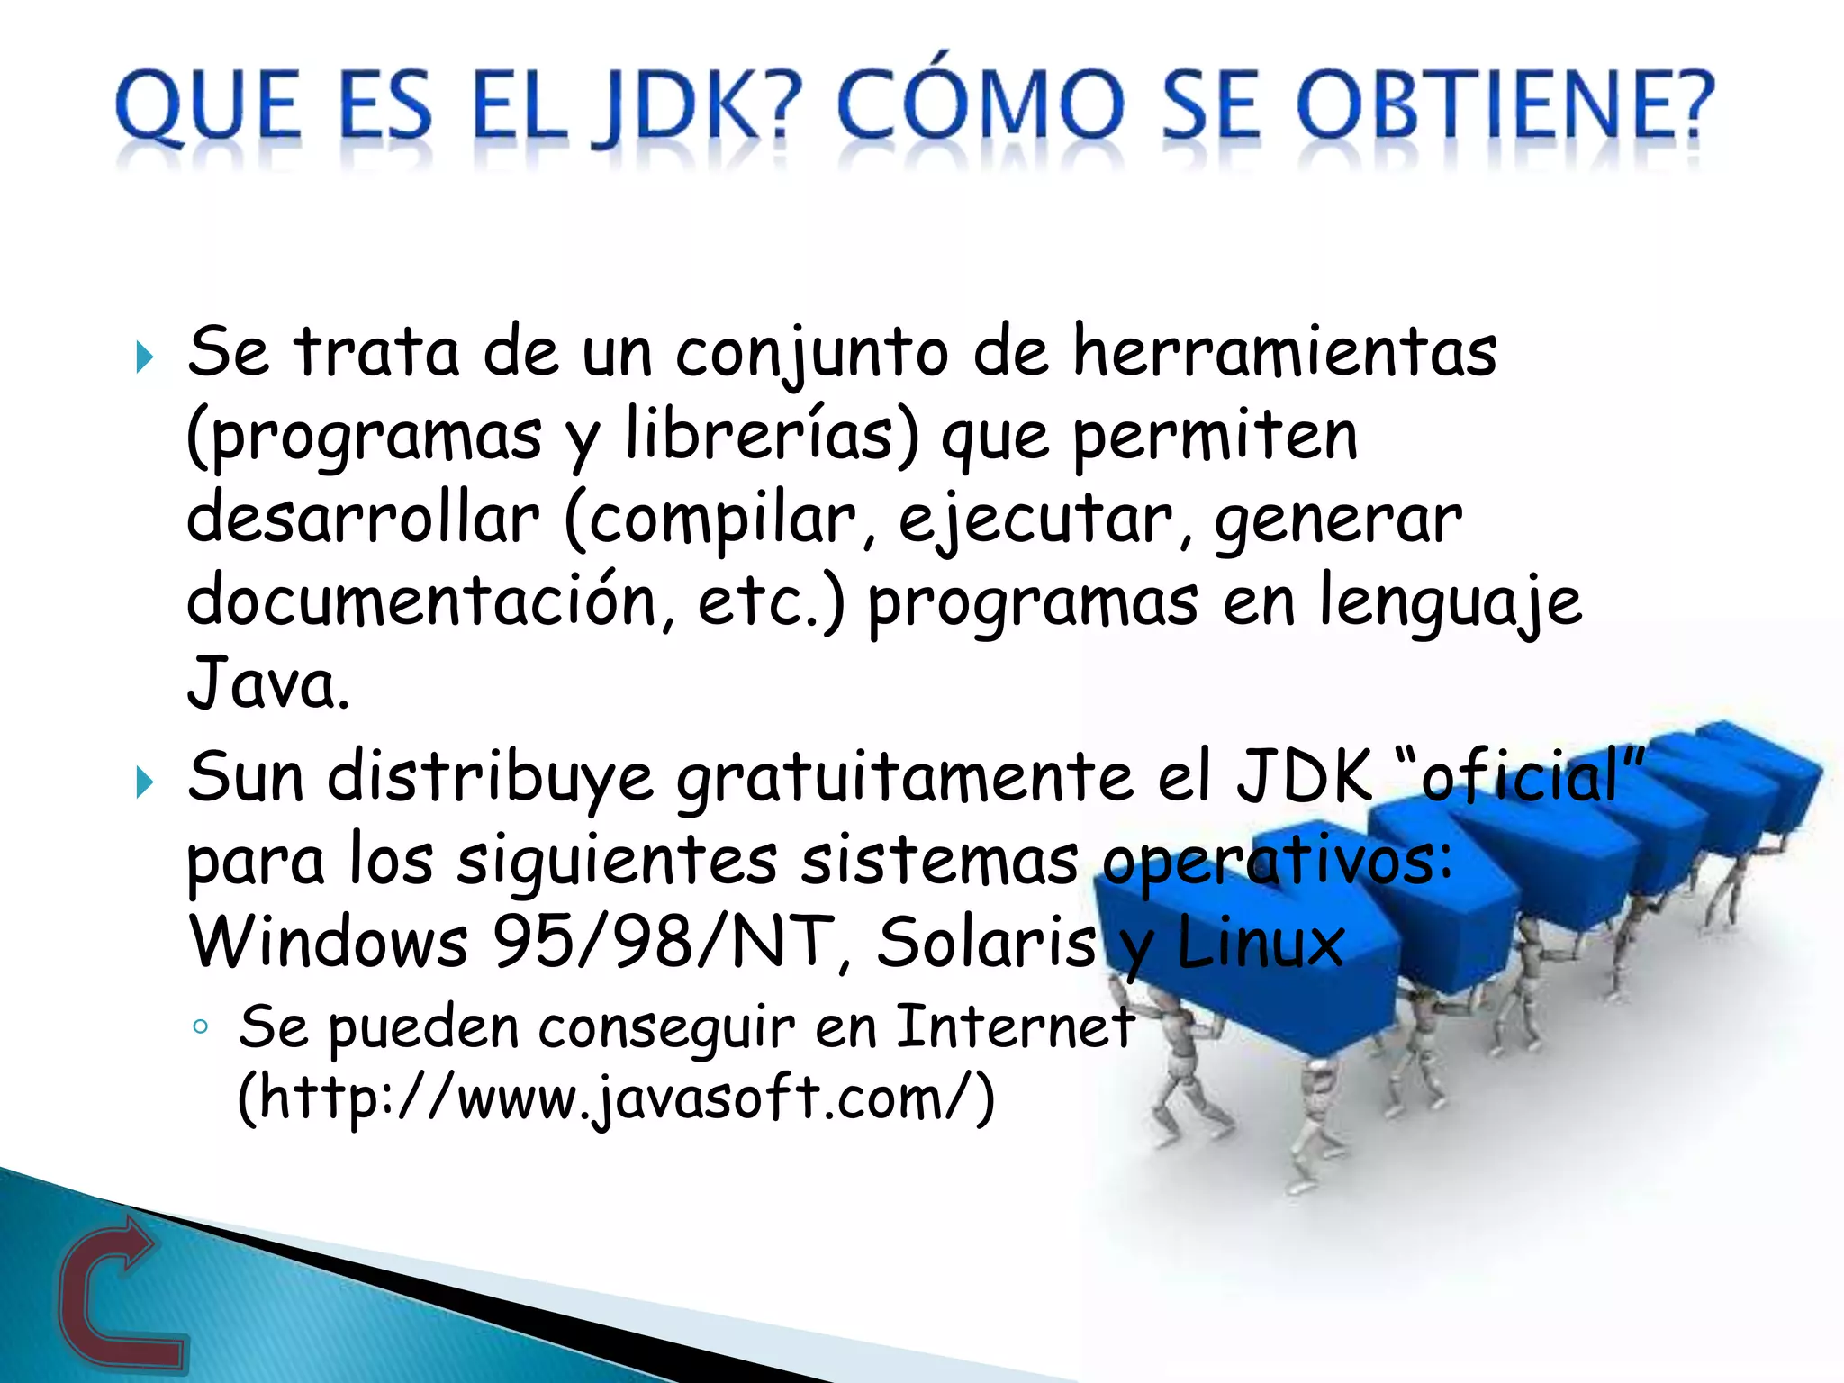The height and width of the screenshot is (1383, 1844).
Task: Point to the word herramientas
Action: pyautogui.click(x=1285, y=351)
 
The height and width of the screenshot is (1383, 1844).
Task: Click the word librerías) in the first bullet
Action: pyautogui.click(x=773, y=435)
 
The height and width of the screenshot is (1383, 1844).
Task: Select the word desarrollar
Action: pyautogui.click(x=363, y=519)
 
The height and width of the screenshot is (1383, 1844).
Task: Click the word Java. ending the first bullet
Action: pyautogui.click(x=267, y=684)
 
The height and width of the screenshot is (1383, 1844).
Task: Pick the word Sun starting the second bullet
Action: pyautogui.click(x=246, y=776)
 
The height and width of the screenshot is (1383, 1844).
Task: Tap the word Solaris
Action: pyautogui.click(x=987, y=943)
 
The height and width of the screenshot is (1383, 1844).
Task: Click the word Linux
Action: pyautogui.click(x=1261, y=943)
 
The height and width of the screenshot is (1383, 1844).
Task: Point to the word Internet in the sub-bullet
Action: pyautogui.click(x=1015, y=1026)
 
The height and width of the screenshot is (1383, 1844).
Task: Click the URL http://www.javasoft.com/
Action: pyautogui.click(x=616, y=1098)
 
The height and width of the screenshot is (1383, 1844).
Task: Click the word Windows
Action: pyautogui.click(x=329, y=943)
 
